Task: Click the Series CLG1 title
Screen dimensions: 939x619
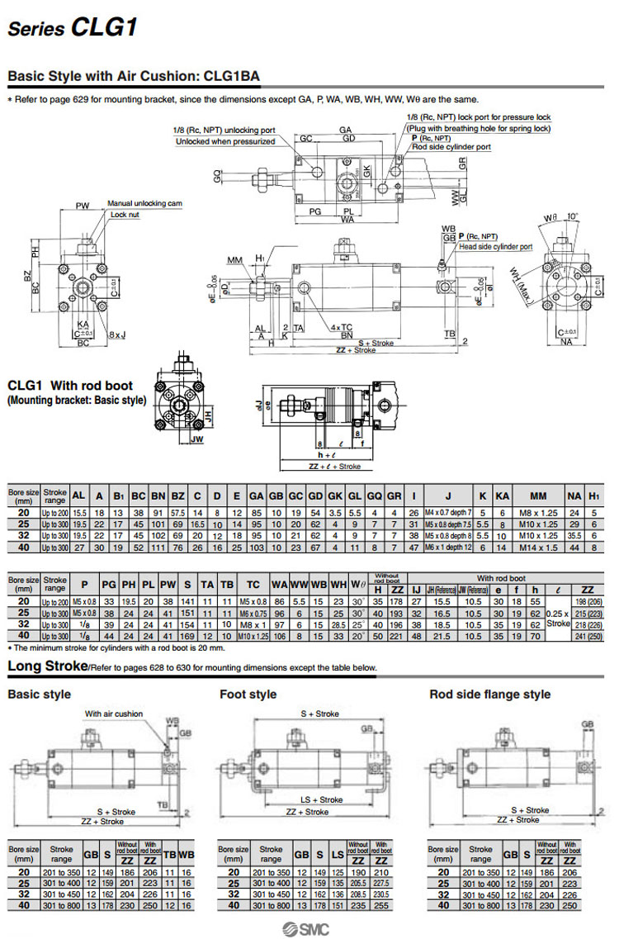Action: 73,28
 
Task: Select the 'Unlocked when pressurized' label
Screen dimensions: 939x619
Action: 225,141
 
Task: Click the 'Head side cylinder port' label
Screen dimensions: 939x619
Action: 496,246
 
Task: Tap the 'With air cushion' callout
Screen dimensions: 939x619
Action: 114,714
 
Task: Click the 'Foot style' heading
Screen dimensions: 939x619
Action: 248,695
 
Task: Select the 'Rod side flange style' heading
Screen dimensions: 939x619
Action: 489,695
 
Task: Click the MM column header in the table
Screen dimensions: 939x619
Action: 538,496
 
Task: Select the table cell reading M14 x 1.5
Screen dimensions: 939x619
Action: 538,547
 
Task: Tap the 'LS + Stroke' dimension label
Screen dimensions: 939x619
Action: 320,800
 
